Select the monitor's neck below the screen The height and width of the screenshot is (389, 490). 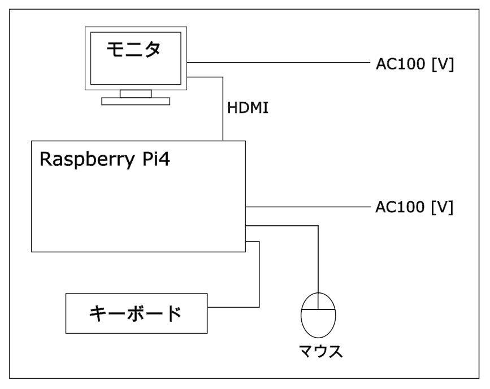(135, 93)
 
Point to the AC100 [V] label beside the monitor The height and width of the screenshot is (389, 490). (414, 64)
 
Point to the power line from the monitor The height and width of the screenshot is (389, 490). (277, 63)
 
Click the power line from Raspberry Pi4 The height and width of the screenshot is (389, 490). (305, 207)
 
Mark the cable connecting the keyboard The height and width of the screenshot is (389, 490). (259, 277)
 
